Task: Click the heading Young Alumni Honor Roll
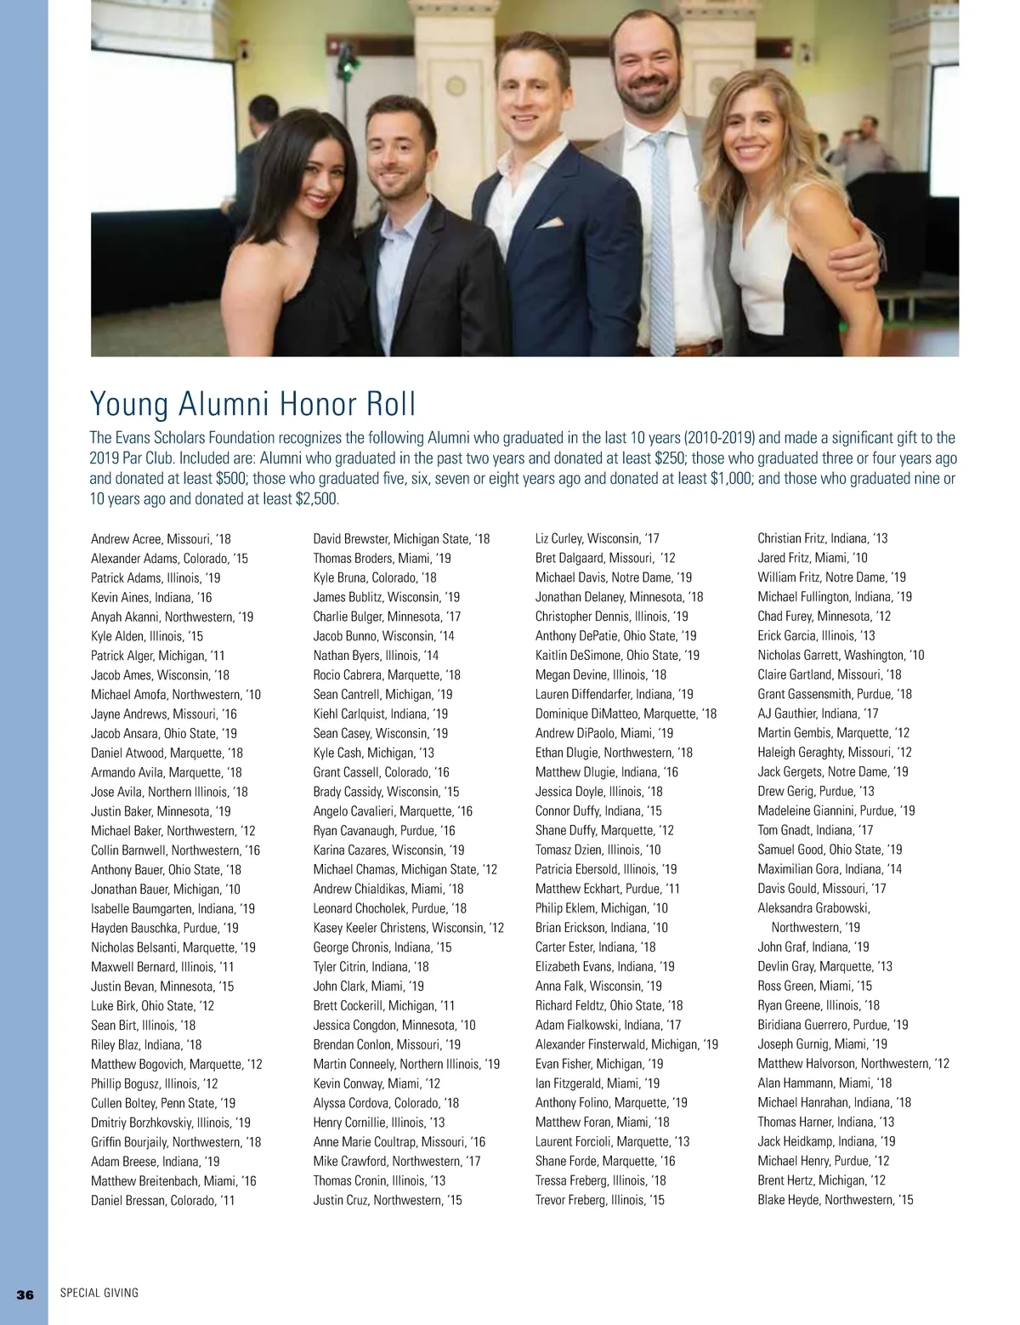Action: [x=252, y=404]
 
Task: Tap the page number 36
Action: [x=25, y=1294]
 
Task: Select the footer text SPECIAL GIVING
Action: [x=99, y=1294]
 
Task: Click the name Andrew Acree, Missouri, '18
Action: [x=161, y=539]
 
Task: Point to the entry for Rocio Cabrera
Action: [x=386, y=675]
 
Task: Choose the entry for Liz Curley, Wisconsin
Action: [x=597, y=538]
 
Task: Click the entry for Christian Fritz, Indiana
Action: [x=822, y=538]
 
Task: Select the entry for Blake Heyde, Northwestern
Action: [x=835, y=1200]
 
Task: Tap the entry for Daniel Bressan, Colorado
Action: [x=162, y=1201]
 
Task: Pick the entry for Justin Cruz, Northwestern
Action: [x=387, y=1200]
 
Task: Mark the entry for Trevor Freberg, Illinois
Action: [x=599, y=1200]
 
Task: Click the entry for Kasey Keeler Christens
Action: [x=408, y=928]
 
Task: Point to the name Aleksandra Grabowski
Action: [x=813, y=908]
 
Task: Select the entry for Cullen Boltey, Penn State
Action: [x=162, y=1103]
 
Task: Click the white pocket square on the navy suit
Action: [x=548, y=223]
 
